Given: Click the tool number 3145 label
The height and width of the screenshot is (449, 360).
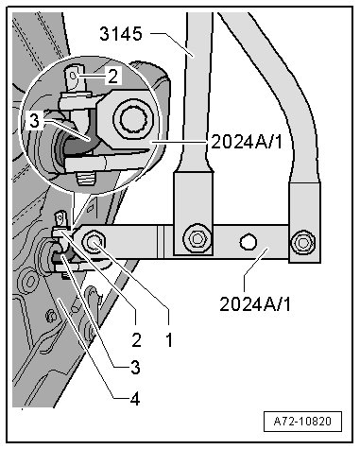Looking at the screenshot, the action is [x=121, y=34].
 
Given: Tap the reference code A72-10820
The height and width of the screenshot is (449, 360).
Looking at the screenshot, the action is [x=302, y=422].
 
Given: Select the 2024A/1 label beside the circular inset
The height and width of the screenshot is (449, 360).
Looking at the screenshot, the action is [x=248, y=142].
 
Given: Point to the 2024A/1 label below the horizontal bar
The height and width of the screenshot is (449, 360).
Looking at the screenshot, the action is [x=255, y=304].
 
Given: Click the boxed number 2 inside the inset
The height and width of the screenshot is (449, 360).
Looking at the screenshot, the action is [x=112, y=77].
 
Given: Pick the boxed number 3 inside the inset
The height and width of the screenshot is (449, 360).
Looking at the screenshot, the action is [x=35, y=120].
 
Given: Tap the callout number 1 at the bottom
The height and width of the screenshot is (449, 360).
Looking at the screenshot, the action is [x=169, y=340].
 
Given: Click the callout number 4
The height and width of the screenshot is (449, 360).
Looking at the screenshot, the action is [x=135, y=400].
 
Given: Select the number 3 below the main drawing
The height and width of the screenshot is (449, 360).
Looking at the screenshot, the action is [x=135, y=368].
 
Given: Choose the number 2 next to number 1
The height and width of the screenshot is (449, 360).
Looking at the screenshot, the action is [x=136, y=340].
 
